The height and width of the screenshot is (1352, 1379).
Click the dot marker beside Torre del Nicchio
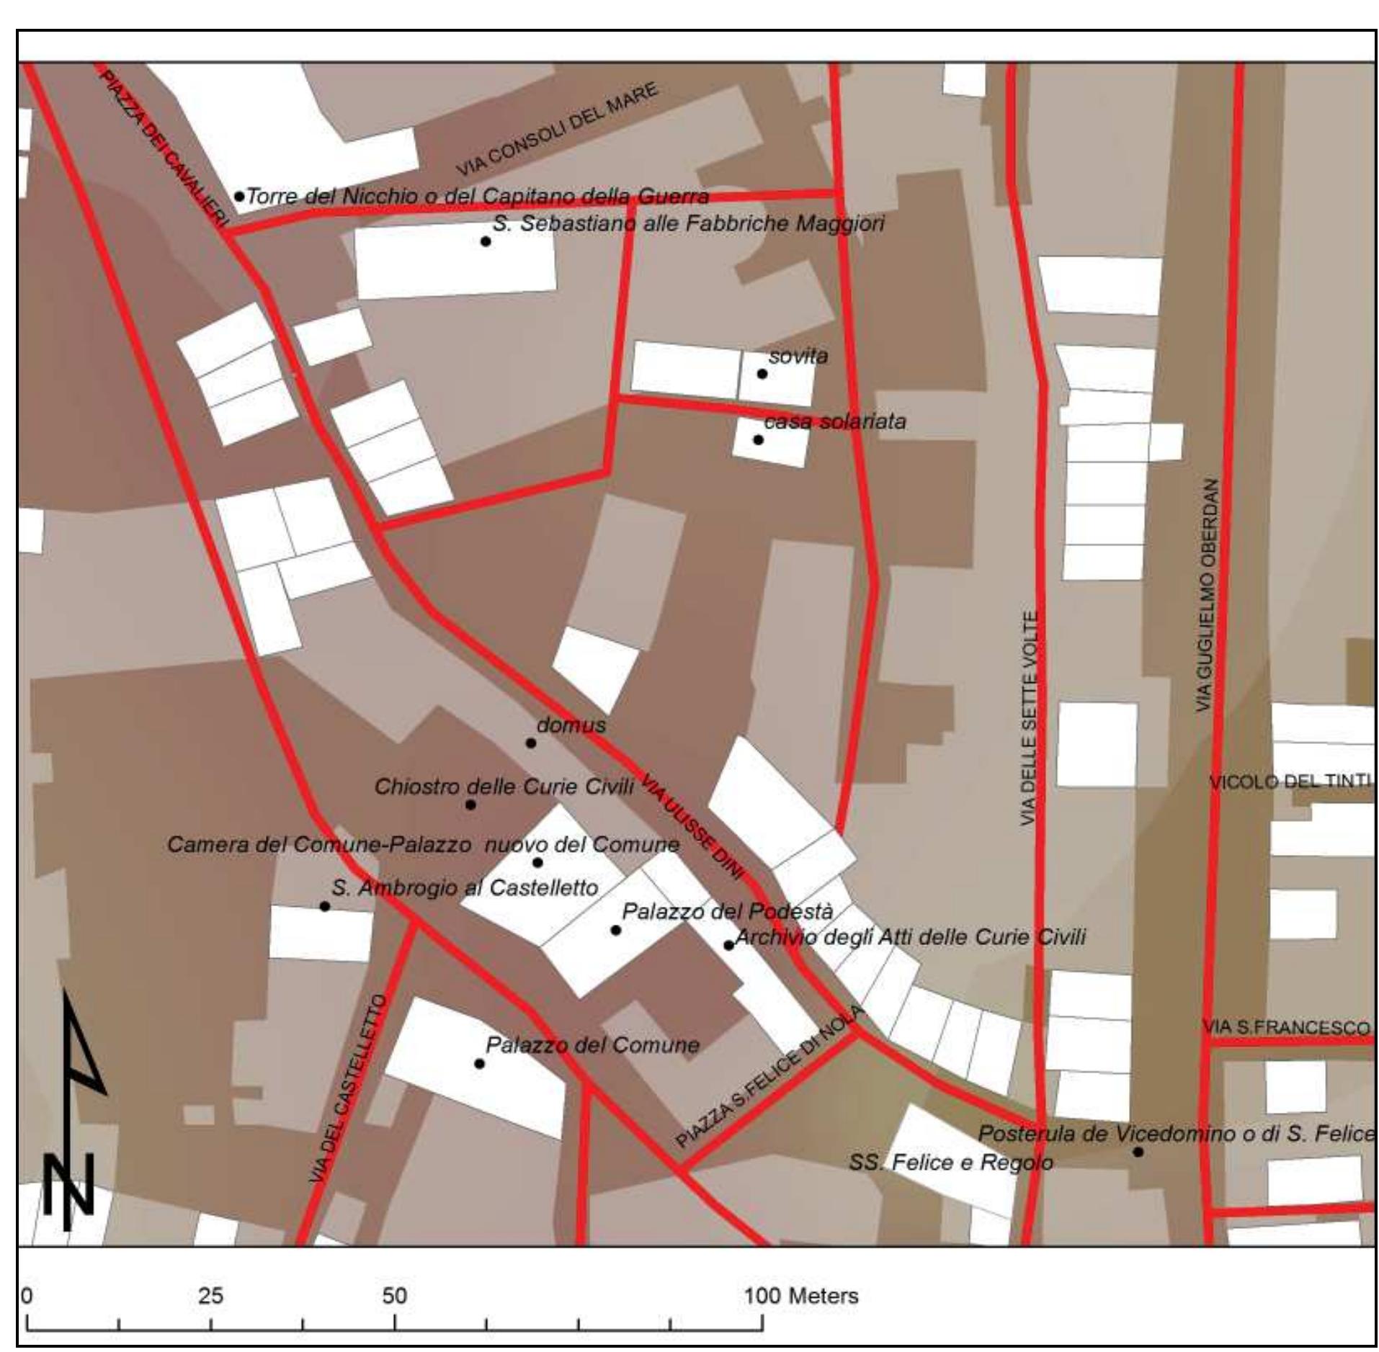(x=239, y=196)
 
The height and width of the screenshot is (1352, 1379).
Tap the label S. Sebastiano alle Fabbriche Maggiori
(x=688, y=223)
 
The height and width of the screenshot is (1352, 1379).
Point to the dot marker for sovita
(x=762, y=374)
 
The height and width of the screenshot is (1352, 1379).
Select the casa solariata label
(x=835, y=421)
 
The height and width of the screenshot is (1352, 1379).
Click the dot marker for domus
(x=531, y=743)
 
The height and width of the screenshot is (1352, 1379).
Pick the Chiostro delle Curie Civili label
(x=504, y=787)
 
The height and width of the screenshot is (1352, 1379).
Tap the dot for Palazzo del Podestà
(x=615, y=930)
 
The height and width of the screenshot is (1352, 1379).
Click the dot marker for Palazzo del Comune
(x=479, y=1063)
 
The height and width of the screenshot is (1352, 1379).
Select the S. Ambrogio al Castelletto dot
(x=325, y=906)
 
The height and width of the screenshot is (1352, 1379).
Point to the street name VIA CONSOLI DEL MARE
(x=557, y=130)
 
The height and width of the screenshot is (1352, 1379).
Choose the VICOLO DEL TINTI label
(x=1290, y=782)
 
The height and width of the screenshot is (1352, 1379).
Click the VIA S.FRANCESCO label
(x=1285, y=1028)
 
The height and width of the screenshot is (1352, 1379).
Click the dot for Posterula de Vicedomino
(x=1138, y=1152)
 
